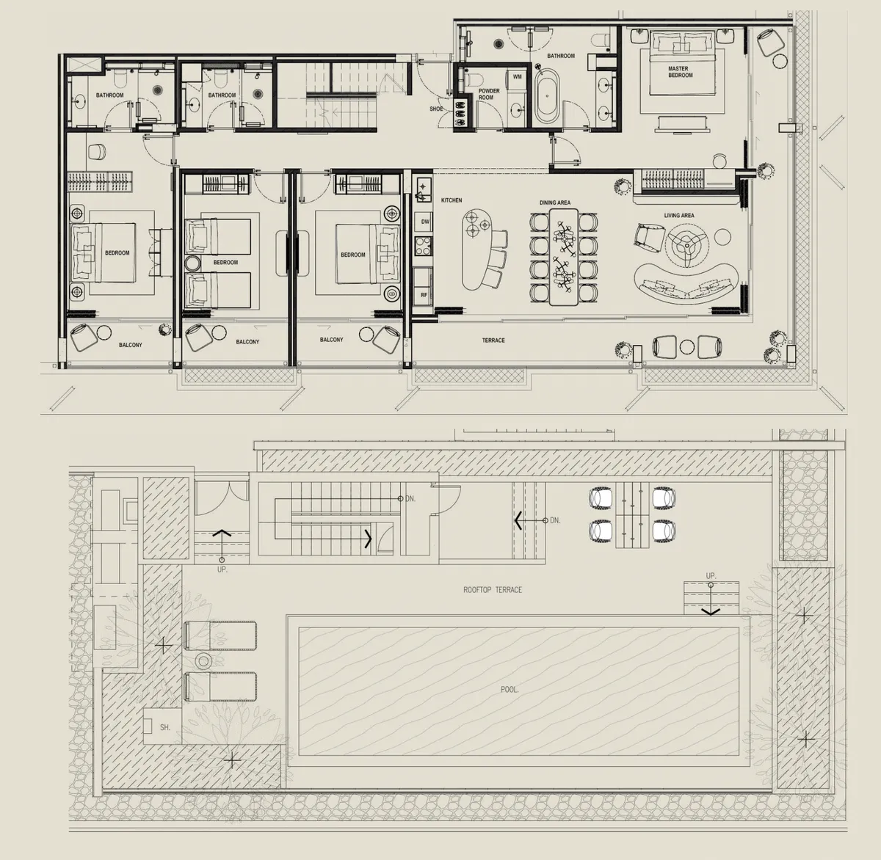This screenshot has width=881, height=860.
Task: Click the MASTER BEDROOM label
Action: [x=680, y=72]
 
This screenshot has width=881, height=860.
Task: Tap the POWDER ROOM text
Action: [x=489, y=94]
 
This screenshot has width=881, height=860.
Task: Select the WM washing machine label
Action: [x=517, y=77]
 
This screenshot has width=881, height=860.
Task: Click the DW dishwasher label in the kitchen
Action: [x=425, y=222]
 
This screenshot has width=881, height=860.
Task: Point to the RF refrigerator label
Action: [x=424, y=295]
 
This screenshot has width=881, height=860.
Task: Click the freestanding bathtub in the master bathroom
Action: [x=548, y=96]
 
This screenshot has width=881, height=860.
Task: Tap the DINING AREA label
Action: [x=554, y=203]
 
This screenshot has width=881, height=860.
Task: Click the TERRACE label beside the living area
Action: [x=493, y=340]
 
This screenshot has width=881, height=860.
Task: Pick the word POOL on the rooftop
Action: [x=510, y=690]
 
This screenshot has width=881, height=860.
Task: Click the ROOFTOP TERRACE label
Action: [x=493, y=590]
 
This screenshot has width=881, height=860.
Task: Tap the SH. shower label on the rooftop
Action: [x=164, y=727]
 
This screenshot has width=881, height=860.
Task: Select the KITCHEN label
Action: [x=452, y=200]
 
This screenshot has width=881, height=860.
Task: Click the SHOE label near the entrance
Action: [x=436, y=109]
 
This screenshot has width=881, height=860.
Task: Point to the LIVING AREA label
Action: [x=678, y=215]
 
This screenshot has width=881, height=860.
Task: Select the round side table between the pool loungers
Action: [x=203, y=661]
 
